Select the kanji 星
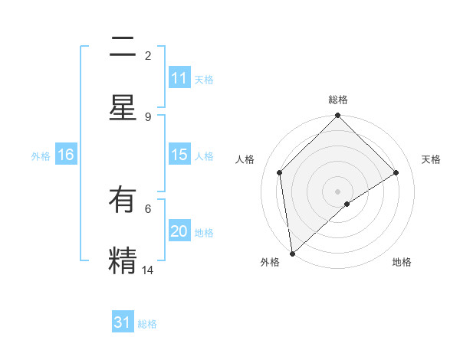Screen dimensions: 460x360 click(123, 108)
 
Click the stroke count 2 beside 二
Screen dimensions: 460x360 click(148, 56)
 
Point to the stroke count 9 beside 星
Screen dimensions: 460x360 click(148, 116)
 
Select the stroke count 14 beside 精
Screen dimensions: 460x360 click(148, 270)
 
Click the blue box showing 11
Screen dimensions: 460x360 click(179, 79)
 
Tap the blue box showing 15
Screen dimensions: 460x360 click(179, 155)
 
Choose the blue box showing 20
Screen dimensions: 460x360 click(179, 231)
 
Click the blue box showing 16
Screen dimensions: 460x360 click(66, 155)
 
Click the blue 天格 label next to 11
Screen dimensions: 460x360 click(204, 80)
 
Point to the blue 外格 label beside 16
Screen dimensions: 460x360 click(41, 155)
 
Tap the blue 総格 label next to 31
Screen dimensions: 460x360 click(147, 324)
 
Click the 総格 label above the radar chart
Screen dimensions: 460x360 click(338, 100)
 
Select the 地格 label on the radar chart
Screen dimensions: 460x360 click(402, 263)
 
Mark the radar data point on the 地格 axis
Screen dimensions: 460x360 click(347, 204)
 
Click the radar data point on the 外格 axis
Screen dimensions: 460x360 click(292, 254)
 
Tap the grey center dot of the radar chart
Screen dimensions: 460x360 click(338, 191)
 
